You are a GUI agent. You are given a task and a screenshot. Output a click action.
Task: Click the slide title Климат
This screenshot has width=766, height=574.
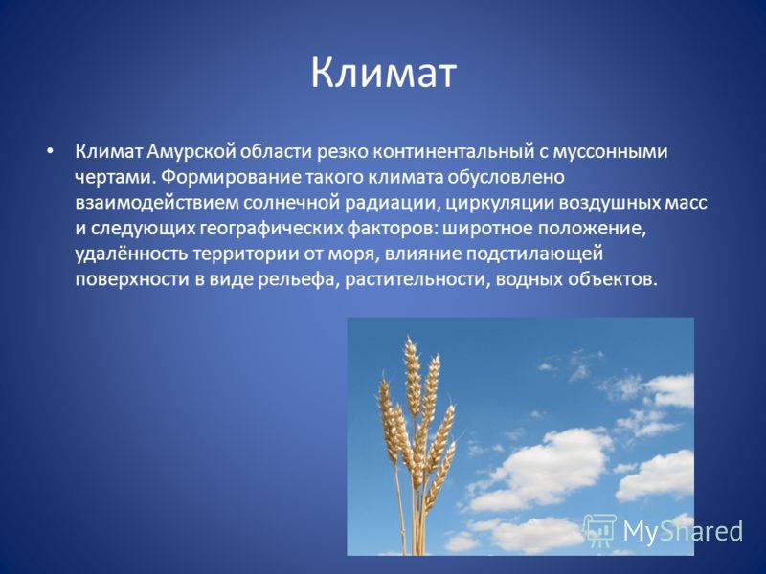(x=384, y=74)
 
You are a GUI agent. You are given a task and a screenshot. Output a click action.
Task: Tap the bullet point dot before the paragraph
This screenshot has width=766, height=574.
(x=50, y=152)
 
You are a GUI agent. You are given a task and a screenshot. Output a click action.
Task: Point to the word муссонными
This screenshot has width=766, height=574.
(x=611, y=152)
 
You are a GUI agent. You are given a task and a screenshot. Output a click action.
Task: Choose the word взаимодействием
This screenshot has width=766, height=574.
(x=156, y=203)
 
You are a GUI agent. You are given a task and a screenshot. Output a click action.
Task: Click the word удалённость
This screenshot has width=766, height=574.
(x=131, y=254)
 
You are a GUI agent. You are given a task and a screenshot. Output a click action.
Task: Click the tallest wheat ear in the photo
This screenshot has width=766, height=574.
(x=413, y=376)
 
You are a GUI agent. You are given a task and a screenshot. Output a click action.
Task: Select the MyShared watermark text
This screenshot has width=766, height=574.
(x=683, y=531)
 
